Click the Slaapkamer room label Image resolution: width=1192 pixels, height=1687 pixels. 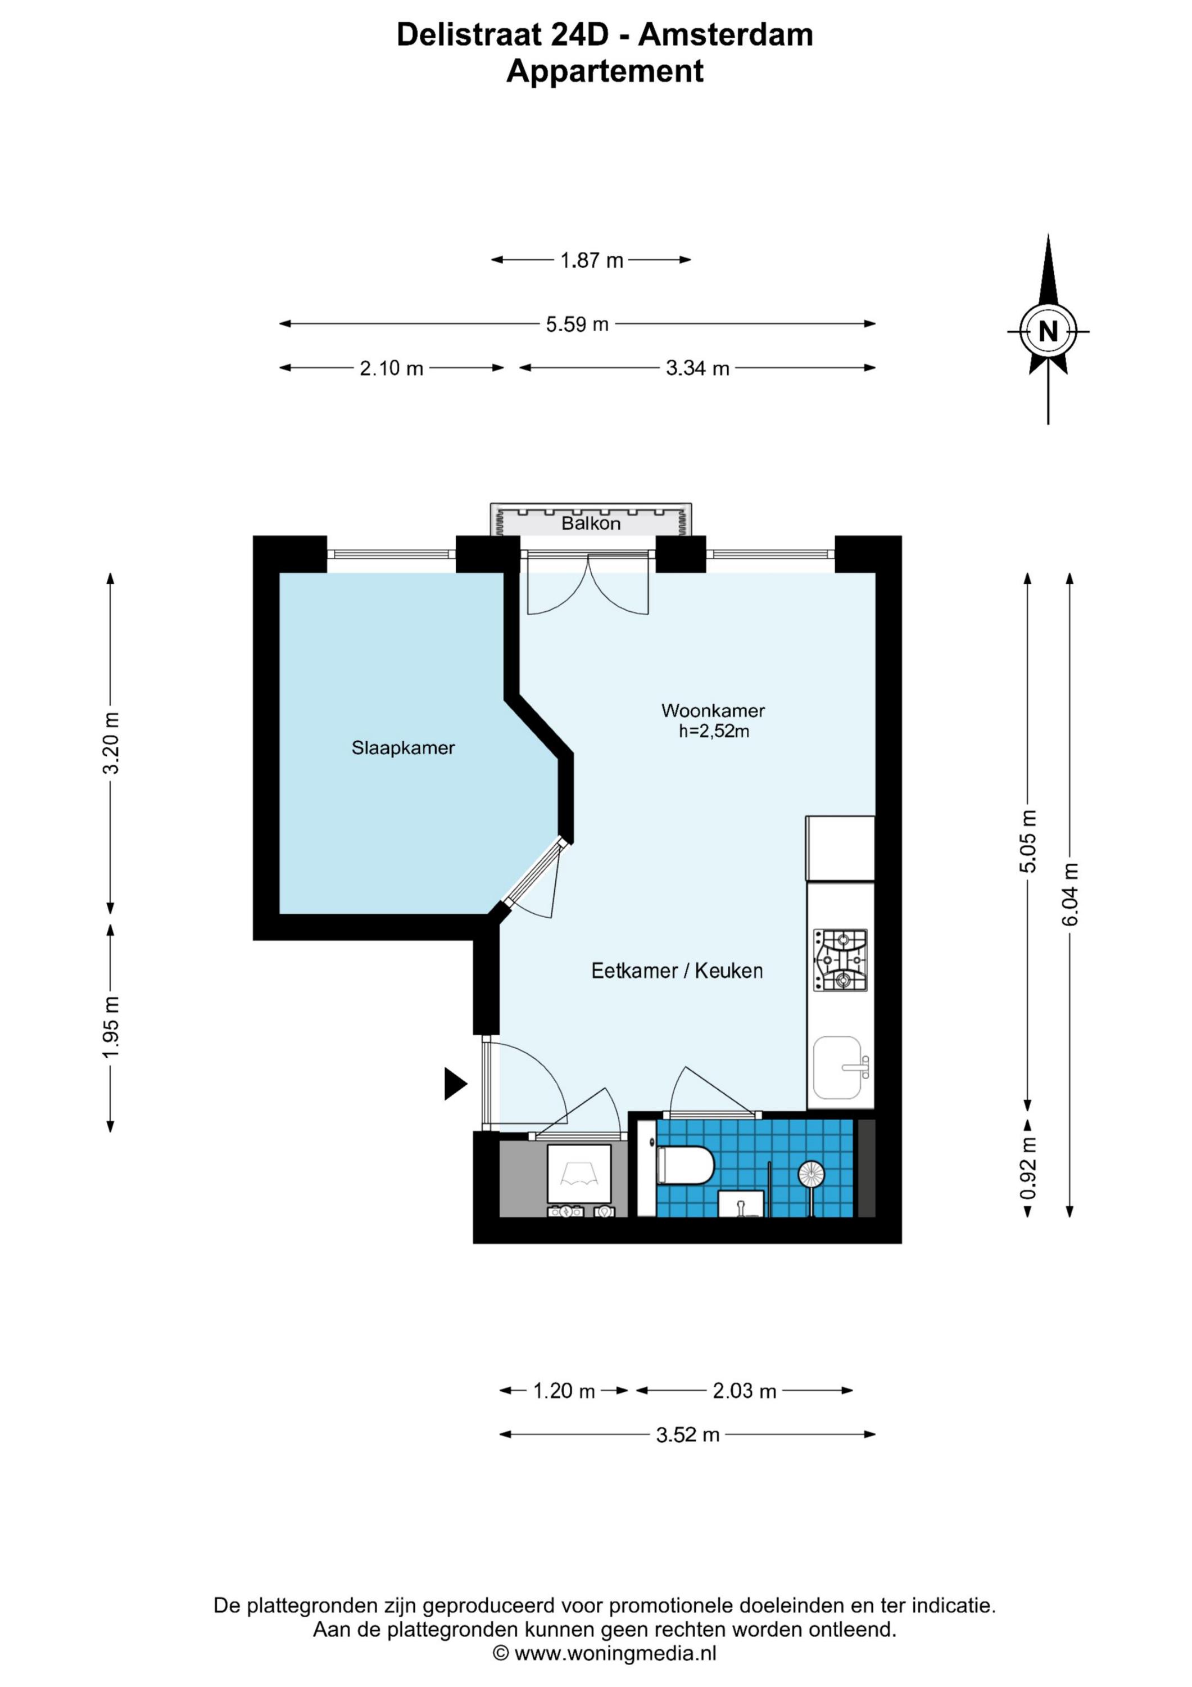[x=402, y=748]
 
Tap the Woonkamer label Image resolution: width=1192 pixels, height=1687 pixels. [x=713, y=711]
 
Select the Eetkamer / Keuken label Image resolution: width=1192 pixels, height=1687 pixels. [x=677, y=971]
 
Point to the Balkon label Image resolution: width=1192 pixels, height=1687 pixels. [x=591, y=523]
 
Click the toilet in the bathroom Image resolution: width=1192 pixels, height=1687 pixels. [x=685, y=1165]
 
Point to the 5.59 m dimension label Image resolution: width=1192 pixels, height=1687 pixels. [x=577, y=324]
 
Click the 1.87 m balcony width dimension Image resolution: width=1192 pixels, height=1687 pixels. [x=591, y=260]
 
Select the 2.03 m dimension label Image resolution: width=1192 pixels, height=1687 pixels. [x=744, y=1391]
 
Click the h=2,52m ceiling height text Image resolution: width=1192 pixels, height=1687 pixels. [x=714, y=731]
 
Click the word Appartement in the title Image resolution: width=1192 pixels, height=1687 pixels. [x=605, y=71]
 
